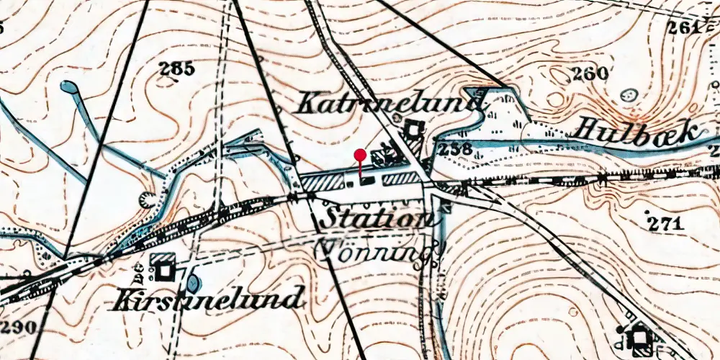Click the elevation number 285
point(177,69)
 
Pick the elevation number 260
point(589,73)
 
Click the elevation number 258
point(455,150)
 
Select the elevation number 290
point(18,328)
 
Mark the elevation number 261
point(683,27)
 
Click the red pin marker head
point(360,154)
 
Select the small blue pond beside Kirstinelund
point(194,282)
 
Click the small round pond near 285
point(70,88)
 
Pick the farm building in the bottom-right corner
point(638,336)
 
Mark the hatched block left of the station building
point(322,182)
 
